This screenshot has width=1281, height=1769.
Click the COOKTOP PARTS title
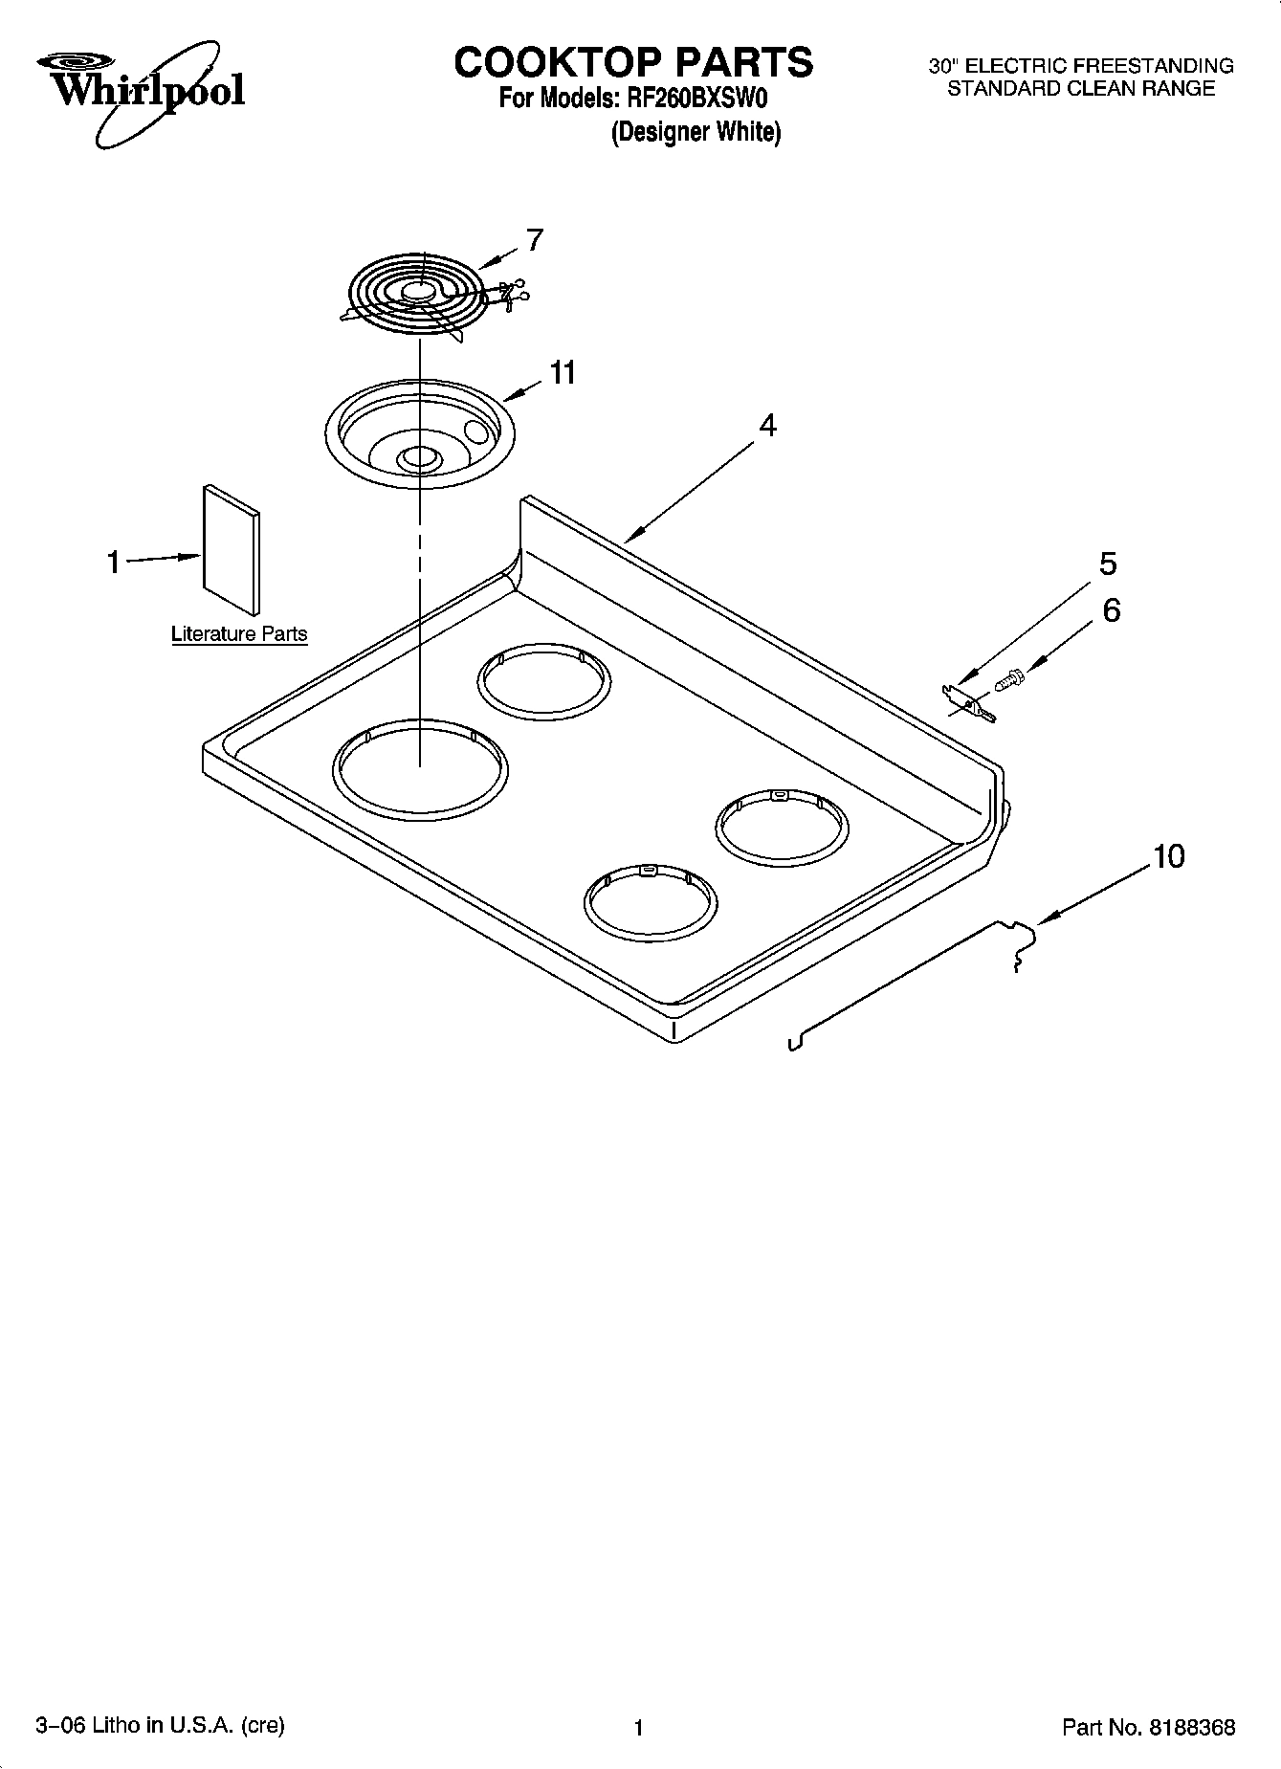tap(633, 62)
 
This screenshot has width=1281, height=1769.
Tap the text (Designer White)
tap(696, 132)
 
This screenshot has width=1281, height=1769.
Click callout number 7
tap(535, 239)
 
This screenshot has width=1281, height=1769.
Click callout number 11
tap(563, 372)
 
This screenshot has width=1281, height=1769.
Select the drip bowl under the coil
tap(420, 435)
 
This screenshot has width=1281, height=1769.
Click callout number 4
tap(767, 425)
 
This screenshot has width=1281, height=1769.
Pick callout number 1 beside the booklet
tap(114, 563)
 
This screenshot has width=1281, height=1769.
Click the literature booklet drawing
tap(231, 549)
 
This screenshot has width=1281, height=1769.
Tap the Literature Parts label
tap(239, 633)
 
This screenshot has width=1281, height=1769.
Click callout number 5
tap(1108, 564)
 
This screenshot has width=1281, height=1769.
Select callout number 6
tap(1111, 609)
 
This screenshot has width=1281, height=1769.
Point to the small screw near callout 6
tap(1008, 679)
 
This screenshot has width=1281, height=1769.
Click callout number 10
tap(1169, 855)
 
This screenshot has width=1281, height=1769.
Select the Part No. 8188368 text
tap(1148, 1727)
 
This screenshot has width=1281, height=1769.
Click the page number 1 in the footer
tap(638, 1727)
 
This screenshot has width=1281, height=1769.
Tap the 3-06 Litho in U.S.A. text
tap(161, 1725)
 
